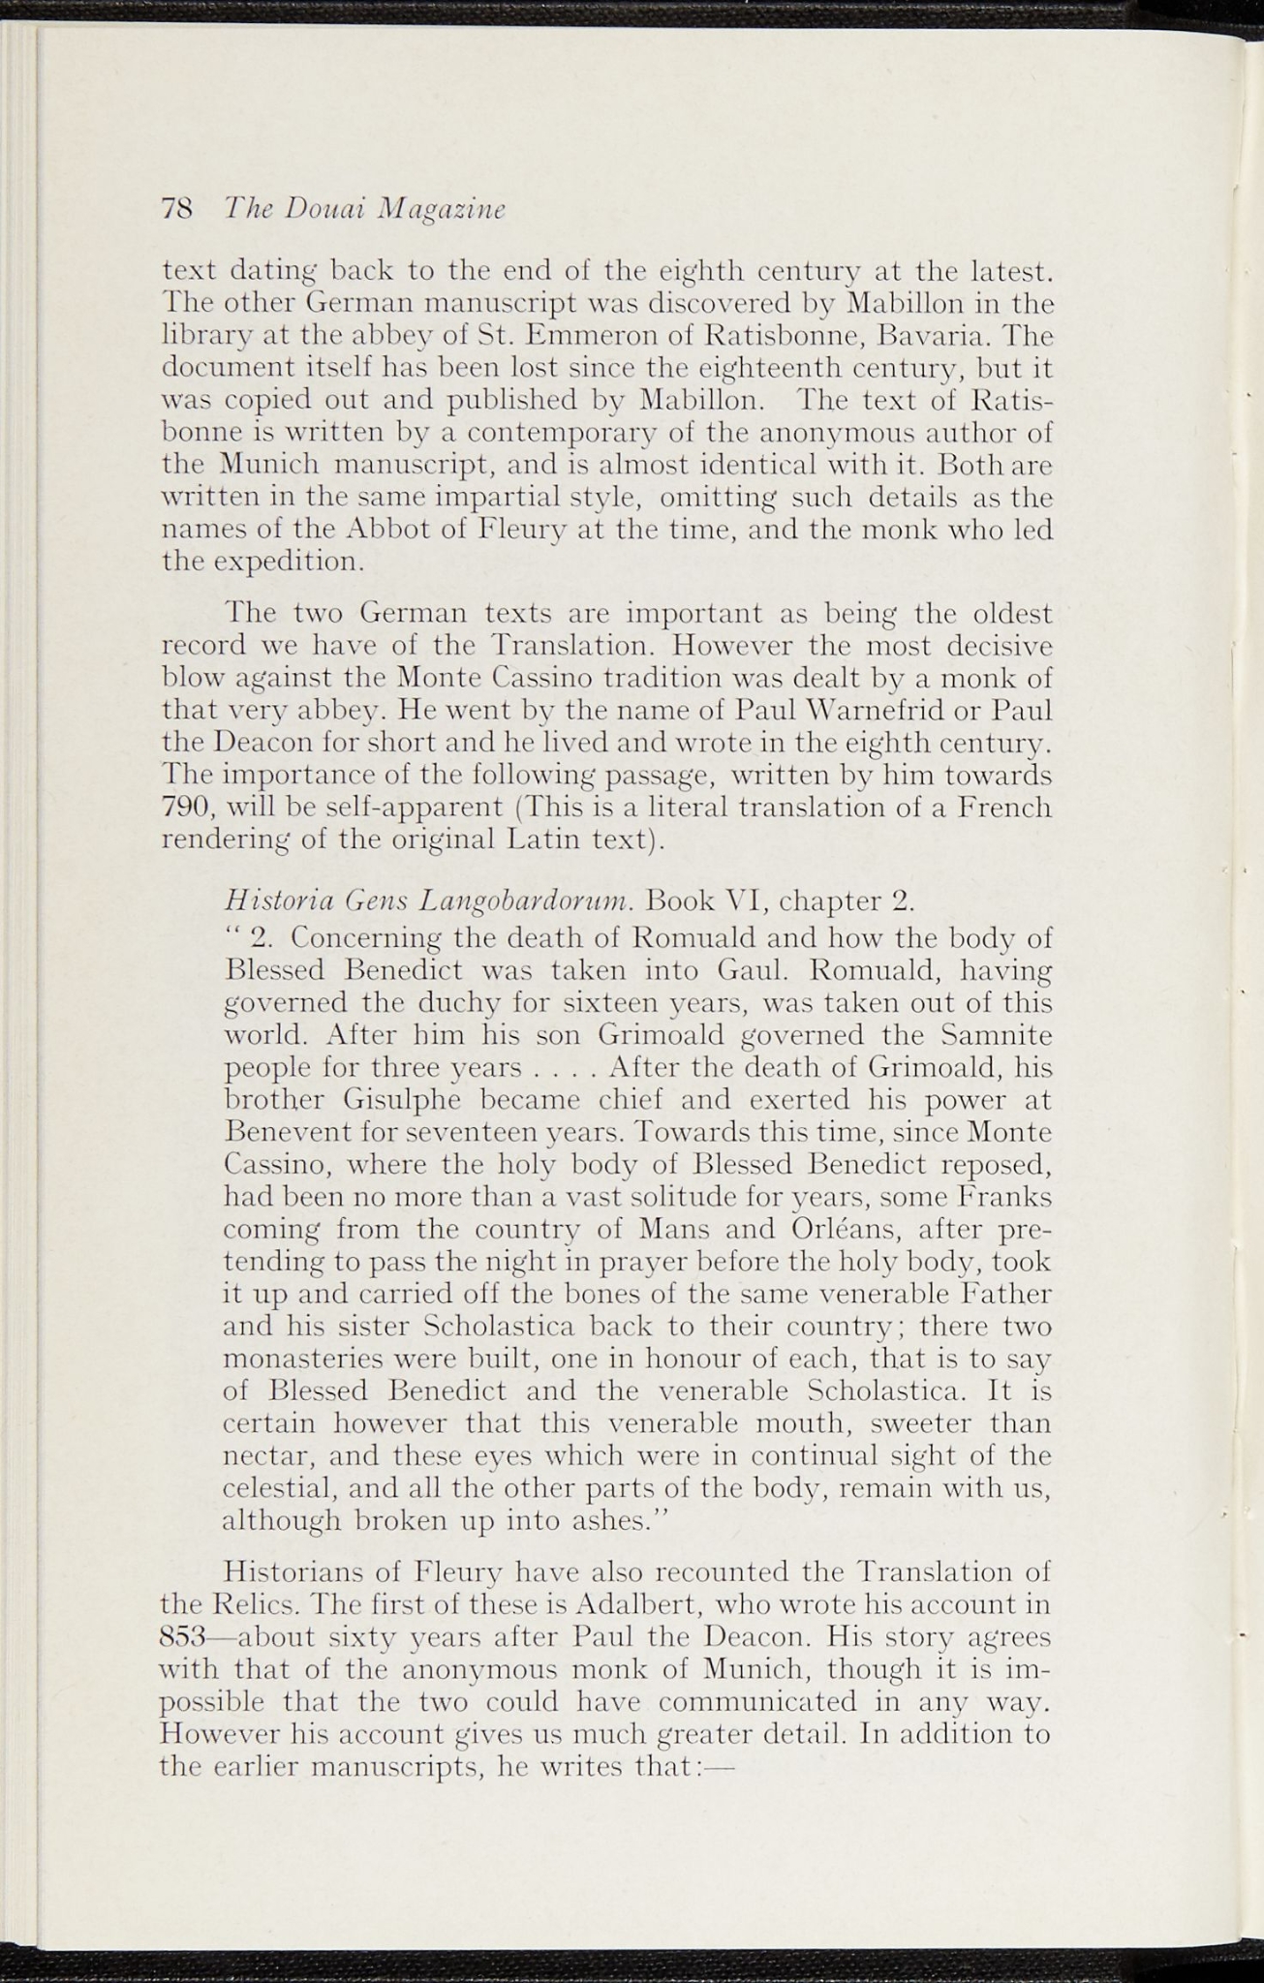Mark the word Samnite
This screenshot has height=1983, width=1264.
[x=997, y=1035]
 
